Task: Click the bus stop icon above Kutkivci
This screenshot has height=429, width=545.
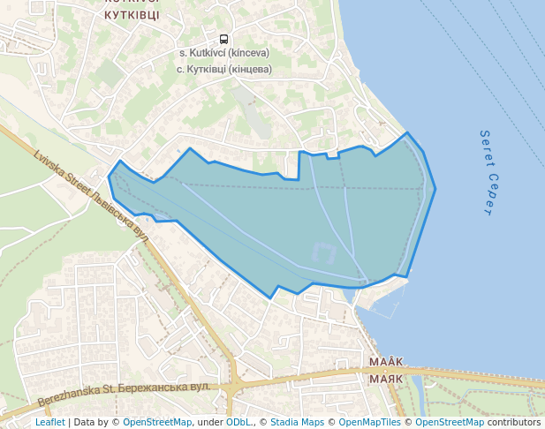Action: pos(223,39)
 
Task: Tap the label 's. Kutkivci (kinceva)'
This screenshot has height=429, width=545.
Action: pos(223,53)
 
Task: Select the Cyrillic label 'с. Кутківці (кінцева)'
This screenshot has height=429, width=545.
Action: pos(223,68)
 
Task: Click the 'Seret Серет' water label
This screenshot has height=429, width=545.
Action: pos(486,173)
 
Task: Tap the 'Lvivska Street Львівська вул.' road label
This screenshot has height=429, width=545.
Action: pos(91,195)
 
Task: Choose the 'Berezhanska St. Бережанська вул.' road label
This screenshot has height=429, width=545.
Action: pos(123,394)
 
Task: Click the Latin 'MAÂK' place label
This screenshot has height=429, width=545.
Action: pos(386,362)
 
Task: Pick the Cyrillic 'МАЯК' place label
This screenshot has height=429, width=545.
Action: pos(386,378)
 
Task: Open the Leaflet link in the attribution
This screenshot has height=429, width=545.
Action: pos(49,422)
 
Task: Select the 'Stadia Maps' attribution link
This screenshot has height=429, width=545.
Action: pos(297,422)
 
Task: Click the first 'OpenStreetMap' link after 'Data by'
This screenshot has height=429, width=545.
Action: pos(157,422)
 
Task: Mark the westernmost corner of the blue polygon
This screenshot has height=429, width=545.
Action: pos(109,176)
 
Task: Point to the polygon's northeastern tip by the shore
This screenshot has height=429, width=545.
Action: pos(407,133)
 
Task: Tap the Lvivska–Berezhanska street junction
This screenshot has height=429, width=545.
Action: pos(234,385)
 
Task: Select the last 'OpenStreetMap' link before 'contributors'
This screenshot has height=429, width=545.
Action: pos(450,422)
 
